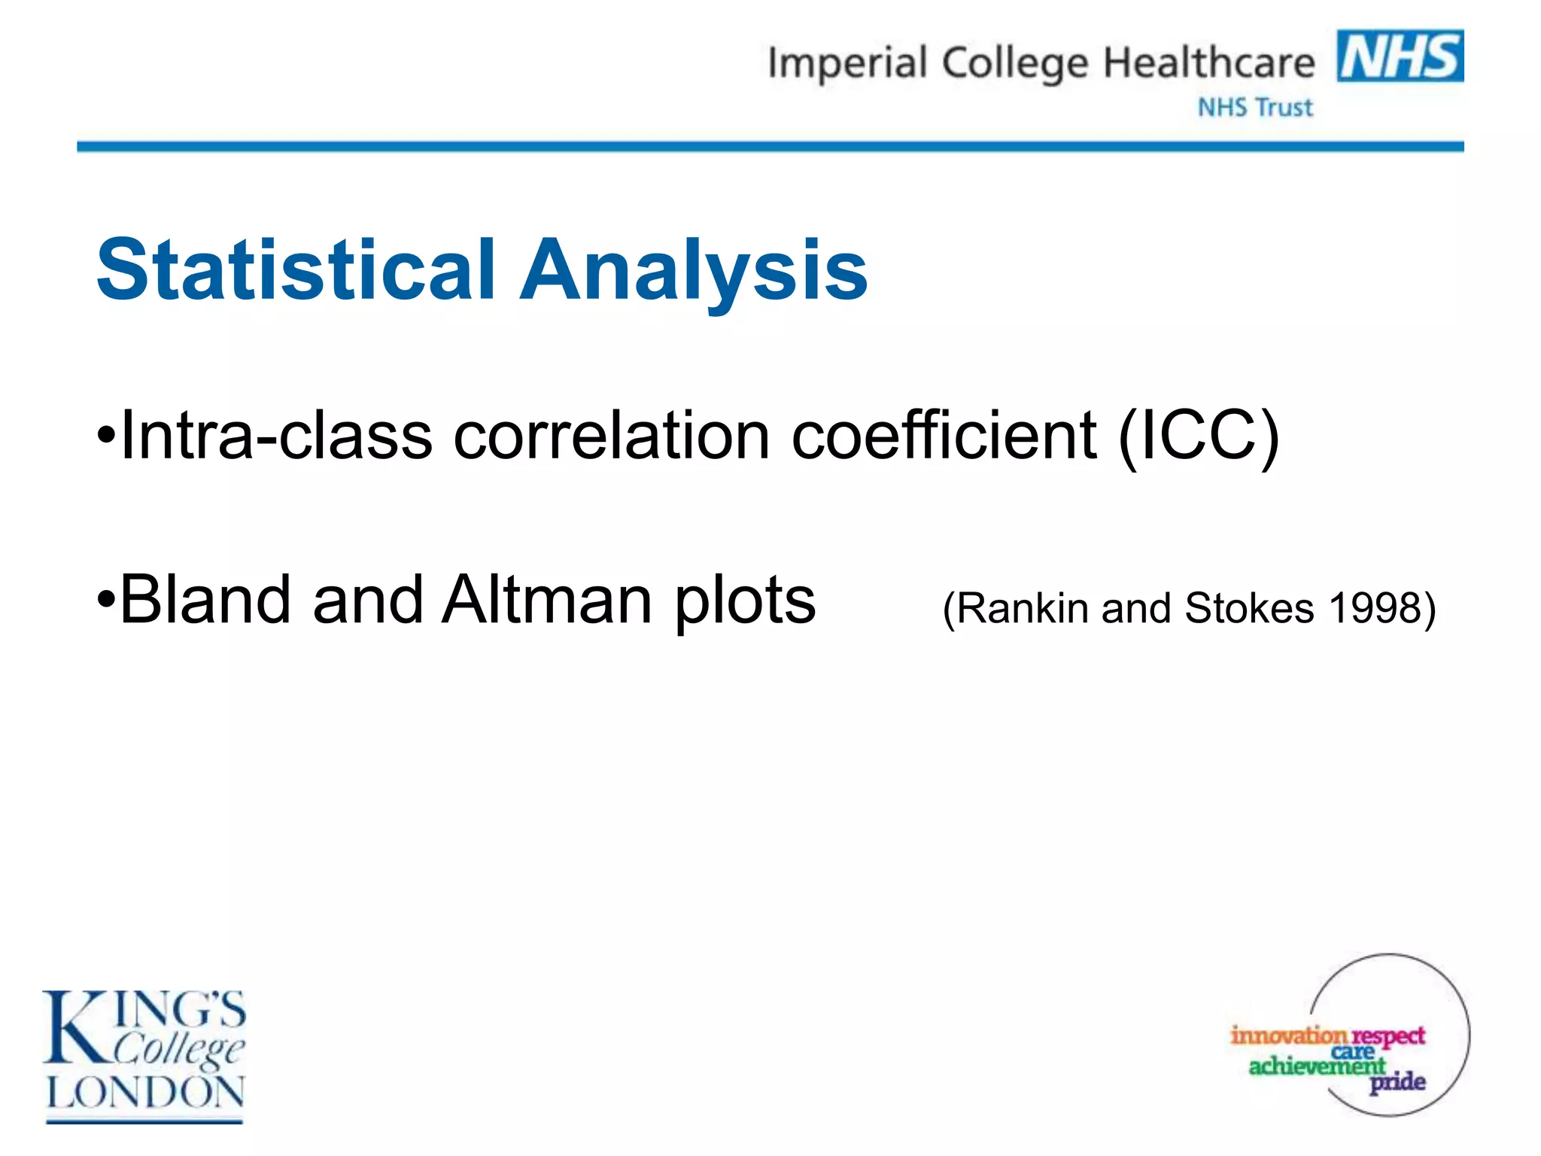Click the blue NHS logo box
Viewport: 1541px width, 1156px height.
click(x=1400, y=56)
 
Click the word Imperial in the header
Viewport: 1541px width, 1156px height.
click(x=846, y=63)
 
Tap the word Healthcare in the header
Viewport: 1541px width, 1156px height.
click(x=1208, y=63)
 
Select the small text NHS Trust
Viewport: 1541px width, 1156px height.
click(x=1255, y=108)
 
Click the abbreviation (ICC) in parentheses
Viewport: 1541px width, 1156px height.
click(x=1198, y=437)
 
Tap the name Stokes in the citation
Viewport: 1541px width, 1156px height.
click(x=1249, y=607)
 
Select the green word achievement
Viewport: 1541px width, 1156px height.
click(x=1317, y=1066)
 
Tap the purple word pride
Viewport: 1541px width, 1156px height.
click(x=1397, y=1082)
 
